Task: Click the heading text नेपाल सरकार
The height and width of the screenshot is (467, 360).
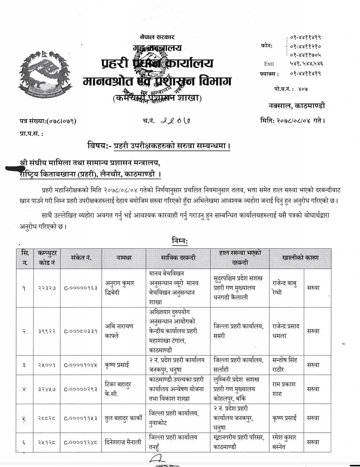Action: (x=157, y=37)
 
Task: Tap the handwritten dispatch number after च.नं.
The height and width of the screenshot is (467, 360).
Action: (x=176, y=121)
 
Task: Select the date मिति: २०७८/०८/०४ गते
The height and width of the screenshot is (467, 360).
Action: (x=292, y=121)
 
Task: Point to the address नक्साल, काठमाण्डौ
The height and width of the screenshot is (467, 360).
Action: (x=297, y=106)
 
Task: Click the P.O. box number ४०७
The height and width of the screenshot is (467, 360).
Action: (x=302, y=89)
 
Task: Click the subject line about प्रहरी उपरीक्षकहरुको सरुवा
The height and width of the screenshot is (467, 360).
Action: (x=159, y=146)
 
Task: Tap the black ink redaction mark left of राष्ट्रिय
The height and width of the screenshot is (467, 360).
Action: (x=17, y=169)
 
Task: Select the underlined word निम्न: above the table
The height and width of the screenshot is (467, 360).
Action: (x=180, y=240)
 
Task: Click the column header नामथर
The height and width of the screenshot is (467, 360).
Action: (x=124, y=258)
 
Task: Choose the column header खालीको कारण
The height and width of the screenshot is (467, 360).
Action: (x=300, y=258)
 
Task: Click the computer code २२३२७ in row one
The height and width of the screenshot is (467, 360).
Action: (x=47, y=288)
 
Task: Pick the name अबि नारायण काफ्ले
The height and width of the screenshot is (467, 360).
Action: (x=119, y=331)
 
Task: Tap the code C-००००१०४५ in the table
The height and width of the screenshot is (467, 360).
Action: (x=81, y=365)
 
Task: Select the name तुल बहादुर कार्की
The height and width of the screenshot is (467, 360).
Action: (x=124, y=418)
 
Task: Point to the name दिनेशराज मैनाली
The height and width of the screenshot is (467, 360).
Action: (x=123, y=442)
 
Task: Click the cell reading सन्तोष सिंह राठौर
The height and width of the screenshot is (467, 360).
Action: (x=285, y=365)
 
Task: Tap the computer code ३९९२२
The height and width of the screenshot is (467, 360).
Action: (x=47, y=331)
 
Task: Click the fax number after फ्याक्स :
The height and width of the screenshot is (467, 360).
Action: (x=305, y=74)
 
